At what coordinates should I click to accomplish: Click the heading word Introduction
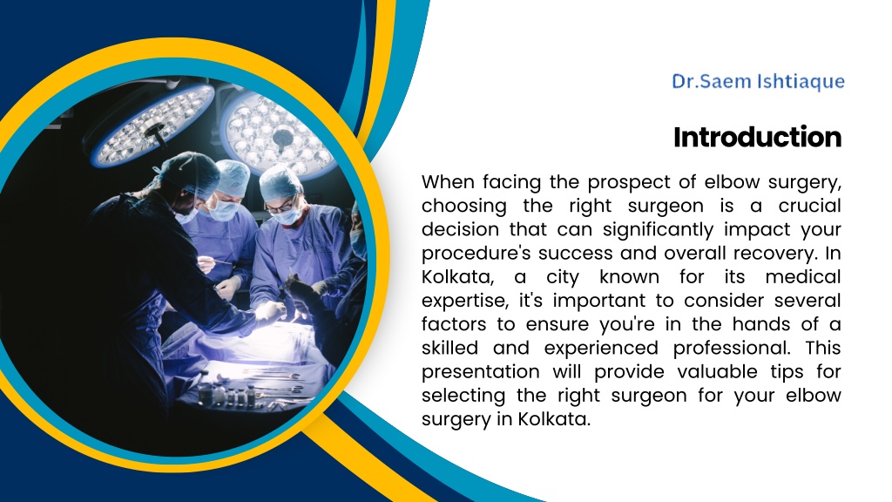coord(757,137)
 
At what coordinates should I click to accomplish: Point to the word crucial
coord(809,206)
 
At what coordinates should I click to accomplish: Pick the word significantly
coord(658,230)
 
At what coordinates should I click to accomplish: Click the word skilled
coord(447,348)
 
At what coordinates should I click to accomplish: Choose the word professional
coord(732,349)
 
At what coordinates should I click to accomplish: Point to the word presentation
coord(480,372)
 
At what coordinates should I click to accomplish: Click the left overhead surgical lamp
coord(152,126)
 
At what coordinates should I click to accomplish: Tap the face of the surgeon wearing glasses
coord(284,207)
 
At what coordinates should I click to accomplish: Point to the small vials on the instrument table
coord(227,394)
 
